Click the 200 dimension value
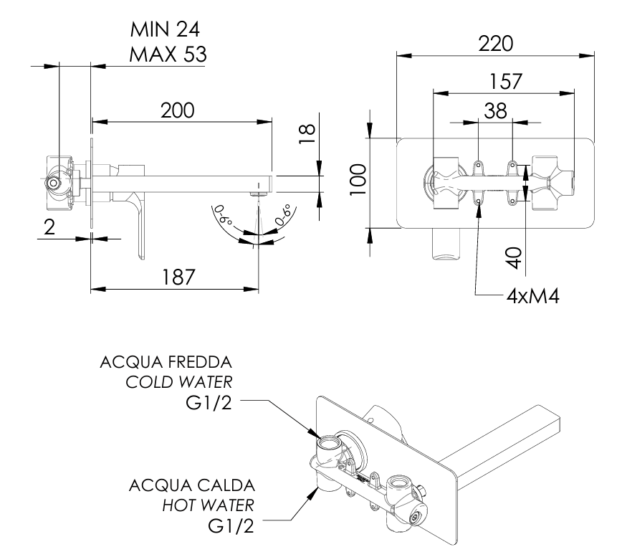pos(177,110)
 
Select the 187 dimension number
pos(178,277)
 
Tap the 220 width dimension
pos(495,44)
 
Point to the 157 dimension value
pos(505,82)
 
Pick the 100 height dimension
pos(358,179)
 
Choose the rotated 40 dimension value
pos(514,258)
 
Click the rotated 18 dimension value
pos(307,134)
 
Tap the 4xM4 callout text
pos(532,296)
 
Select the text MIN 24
pos(165,29)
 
